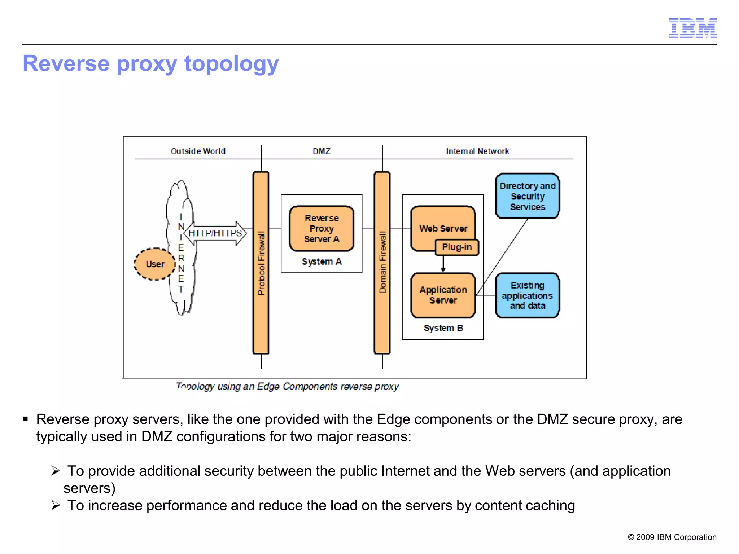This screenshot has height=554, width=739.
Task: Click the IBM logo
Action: click(692, 28)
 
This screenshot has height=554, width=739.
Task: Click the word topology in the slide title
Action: click(231, 64)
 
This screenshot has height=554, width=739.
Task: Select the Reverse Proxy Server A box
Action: click(322, 229)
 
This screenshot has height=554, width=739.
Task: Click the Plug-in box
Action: click(457, 247)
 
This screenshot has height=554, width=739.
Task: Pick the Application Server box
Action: click(443, 295)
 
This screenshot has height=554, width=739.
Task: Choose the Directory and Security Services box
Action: click(527, 196)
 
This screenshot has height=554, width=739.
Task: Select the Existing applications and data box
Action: click(527, 295)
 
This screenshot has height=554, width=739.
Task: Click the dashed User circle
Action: click(155, 264)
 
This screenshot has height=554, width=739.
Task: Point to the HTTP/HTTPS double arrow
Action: click(215, 233)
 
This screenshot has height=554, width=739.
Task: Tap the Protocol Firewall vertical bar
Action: click(261, 263)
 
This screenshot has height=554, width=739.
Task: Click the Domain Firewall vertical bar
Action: click(382, 263)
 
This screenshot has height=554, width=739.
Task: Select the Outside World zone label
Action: click(198, 151)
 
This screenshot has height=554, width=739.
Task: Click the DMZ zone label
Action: click(322, 151)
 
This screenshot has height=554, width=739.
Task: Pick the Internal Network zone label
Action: click(477, 151)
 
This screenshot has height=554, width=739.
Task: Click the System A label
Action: click(322, 261)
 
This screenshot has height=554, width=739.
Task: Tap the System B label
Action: click(443, 328)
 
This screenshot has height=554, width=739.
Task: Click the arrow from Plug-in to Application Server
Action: click(443, 264)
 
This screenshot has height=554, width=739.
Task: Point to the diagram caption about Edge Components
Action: click(287, 387)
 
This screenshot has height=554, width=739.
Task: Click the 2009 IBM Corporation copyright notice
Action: click(672, 537)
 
